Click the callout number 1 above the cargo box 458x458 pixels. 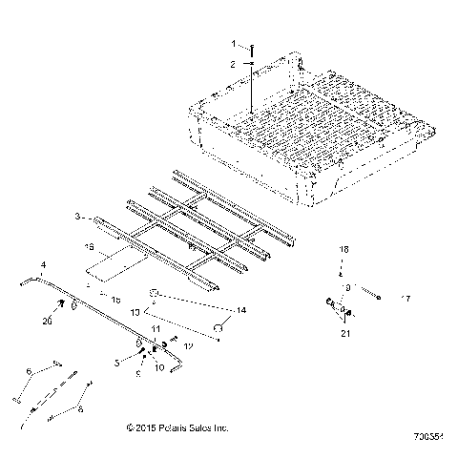[x=231, y=44]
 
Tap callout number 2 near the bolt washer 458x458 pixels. [x=231, y=64]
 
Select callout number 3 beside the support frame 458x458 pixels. [x=104, y=219]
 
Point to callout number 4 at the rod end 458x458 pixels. [x=42, y=264]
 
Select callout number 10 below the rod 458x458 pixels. [x=158, y=366]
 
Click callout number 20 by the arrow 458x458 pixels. [x=49, y=322]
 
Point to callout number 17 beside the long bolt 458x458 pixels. [x=406, y=299]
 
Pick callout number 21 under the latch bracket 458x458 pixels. [x=346, y=333]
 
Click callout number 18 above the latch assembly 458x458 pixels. [x=346, y=248]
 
